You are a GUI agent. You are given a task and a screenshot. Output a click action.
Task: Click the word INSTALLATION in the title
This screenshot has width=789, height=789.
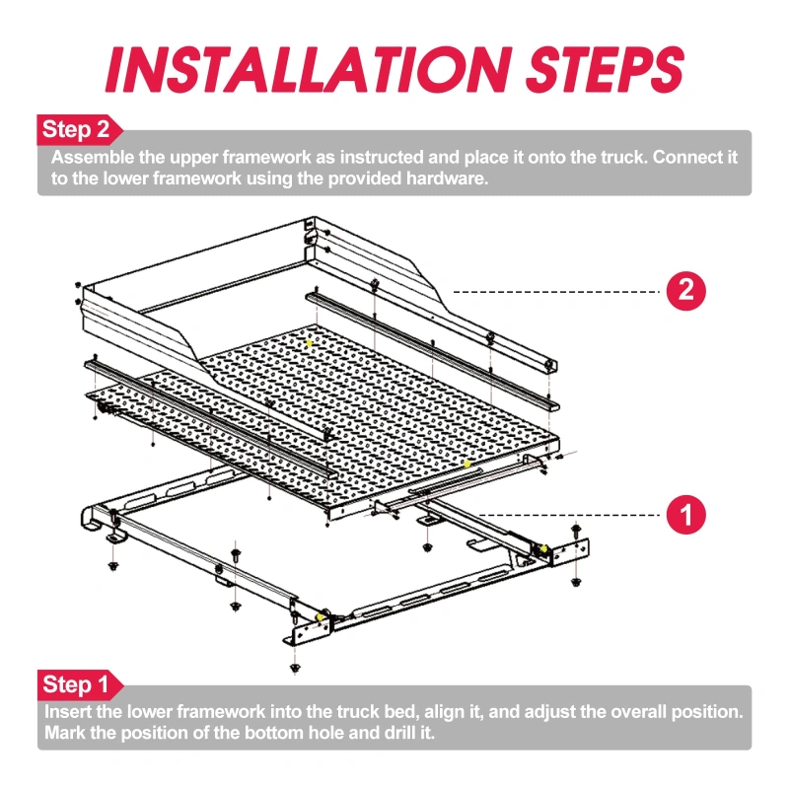point(307,69)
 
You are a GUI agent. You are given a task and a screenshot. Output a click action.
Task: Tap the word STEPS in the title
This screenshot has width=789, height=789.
point(605,69)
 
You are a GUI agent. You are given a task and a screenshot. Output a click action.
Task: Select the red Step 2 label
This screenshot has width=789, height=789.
point(80,130)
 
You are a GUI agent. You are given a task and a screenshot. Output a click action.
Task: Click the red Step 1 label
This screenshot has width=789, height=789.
point(80,684)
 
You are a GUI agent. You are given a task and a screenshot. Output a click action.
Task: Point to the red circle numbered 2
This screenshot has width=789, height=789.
point(685,291)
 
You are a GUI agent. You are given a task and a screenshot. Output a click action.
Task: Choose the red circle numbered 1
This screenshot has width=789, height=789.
point(685,515)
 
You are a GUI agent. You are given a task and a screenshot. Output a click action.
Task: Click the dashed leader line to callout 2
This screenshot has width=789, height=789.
point(556,291)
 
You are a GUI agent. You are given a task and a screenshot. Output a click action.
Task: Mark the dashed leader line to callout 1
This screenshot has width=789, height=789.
point(569,515)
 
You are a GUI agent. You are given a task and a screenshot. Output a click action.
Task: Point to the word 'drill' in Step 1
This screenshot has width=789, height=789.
point(399,733)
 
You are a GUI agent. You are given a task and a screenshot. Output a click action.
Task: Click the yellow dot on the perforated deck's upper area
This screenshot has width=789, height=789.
point(310,343)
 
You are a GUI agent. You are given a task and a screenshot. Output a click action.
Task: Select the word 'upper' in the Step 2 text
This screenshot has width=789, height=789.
point(193,159)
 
